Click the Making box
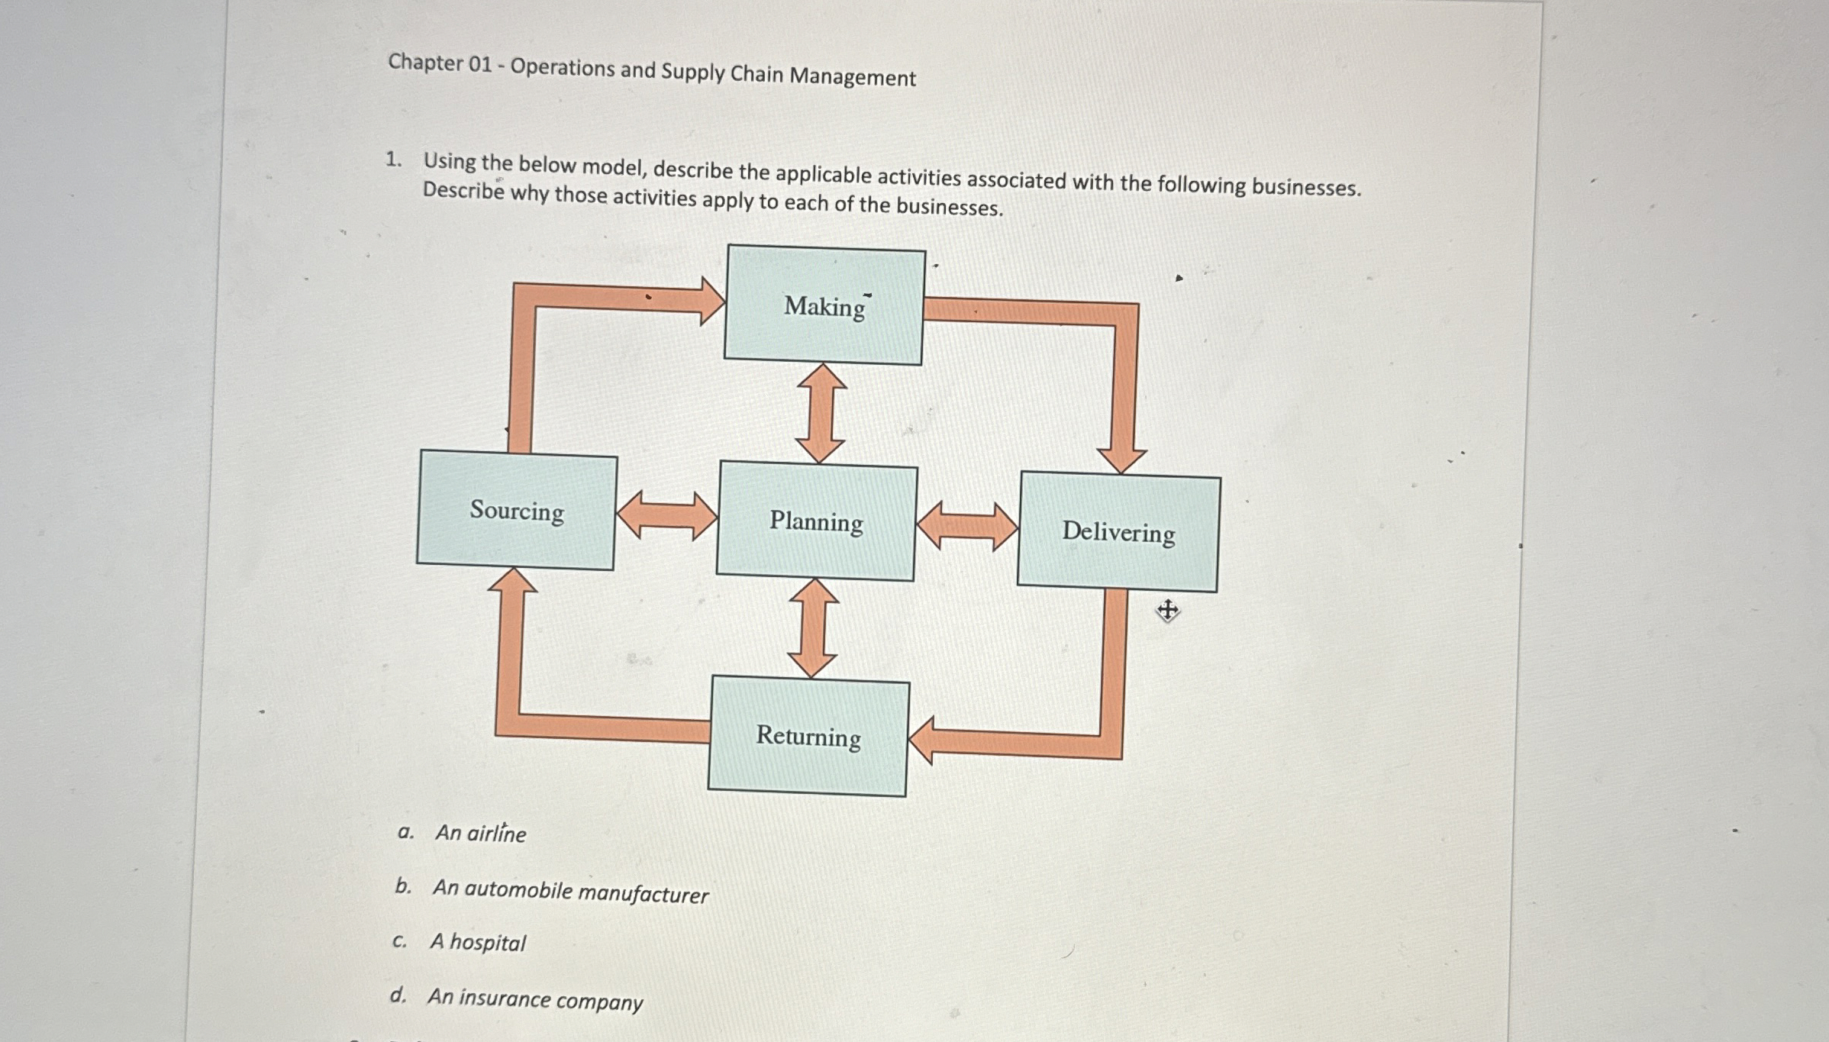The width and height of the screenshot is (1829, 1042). click(824, 305)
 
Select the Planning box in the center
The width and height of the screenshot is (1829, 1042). click(816, 521)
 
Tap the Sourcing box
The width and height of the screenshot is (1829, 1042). click(517, 510)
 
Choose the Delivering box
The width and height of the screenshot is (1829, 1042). click(1118, 532)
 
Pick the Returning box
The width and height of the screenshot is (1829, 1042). click(808, 737)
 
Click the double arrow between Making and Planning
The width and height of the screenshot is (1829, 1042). click(821, 414)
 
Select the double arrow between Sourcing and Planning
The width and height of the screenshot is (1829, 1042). click(666, 516)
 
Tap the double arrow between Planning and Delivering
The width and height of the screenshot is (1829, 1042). click(967, 526)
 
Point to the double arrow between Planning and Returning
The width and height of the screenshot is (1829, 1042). click(813, 628)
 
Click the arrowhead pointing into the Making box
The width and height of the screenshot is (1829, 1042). click(711, 301)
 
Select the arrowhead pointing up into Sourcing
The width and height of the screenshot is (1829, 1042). click(512, 581)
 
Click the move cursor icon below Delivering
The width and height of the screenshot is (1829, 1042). click(1167, 610)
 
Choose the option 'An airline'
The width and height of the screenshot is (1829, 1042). click(480, 833)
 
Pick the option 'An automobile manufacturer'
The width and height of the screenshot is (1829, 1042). click(570, 892)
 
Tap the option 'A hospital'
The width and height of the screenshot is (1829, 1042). click(478, 943)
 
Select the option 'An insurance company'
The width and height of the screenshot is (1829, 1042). click(535, 999)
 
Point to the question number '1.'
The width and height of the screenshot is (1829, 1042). click(393, 160)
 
